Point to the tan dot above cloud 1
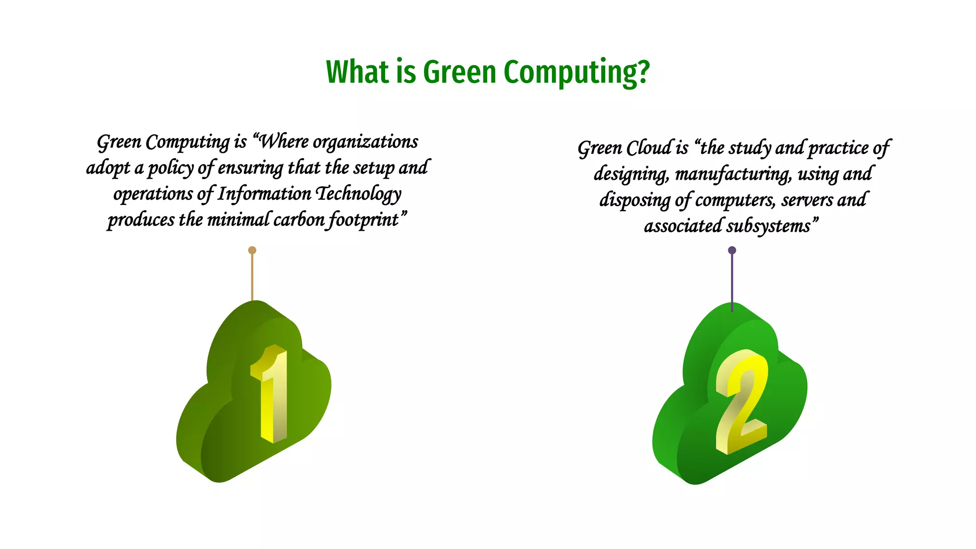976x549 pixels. point(252,250)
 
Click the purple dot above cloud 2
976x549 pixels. point(732,250)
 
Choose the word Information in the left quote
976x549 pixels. point(264,193)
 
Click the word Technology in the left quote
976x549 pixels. point(359,193)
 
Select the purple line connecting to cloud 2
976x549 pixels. point(732,281)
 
